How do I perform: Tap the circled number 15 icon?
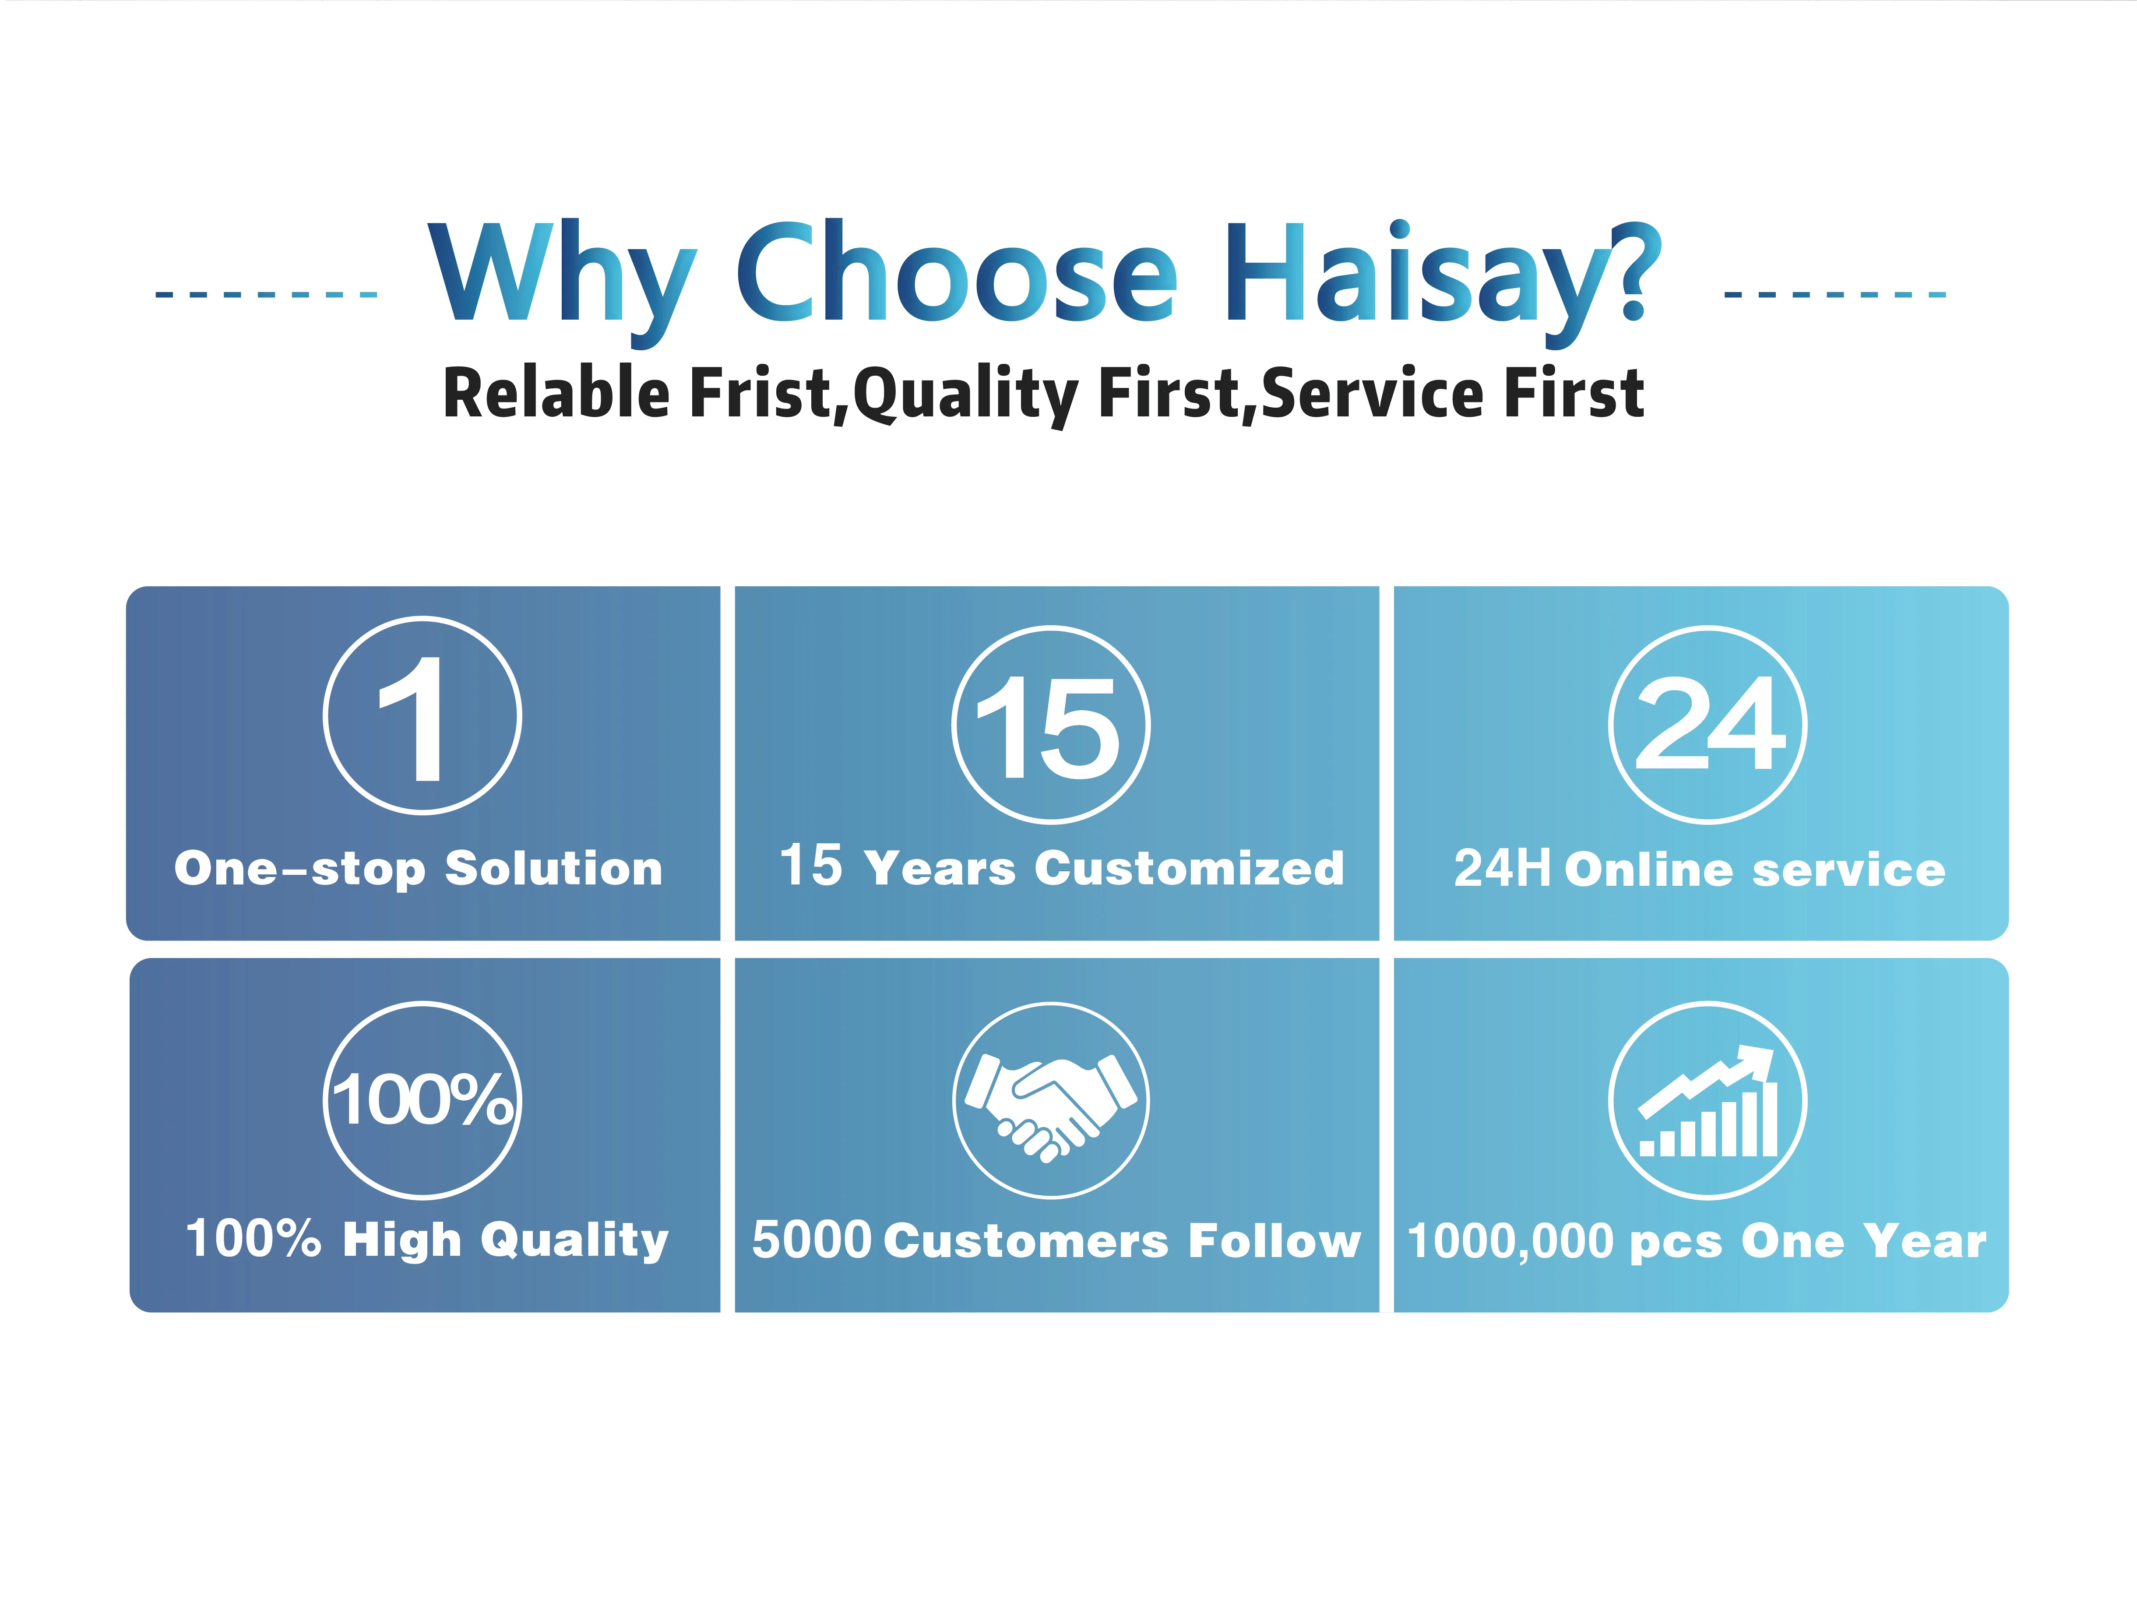(x=1051, y=725)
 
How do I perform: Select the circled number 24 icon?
(x=1708, y=725)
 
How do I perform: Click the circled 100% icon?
(x=422, y=1100)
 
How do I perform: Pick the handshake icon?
(x=1051, y=1100)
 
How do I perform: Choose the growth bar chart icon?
(x=1708, y=1100)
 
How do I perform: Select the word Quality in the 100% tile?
(x=574, y=1240)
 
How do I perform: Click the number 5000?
(x=812, y=1240)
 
